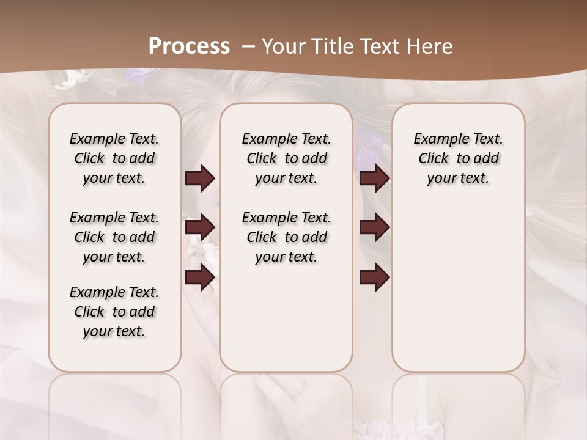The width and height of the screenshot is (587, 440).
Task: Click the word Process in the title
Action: tap(189, 46)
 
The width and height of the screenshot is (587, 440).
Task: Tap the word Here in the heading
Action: tap(430, 46)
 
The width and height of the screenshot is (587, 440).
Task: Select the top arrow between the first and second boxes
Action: tap(200, 178)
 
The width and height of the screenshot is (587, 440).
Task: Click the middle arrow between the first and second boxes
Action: tap(200, 227)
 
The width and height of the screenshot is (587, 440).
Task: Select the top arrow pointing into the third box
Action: tap(374, 178)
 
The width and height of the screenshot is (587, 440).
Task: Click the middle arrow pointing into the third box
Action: tap(374, 227)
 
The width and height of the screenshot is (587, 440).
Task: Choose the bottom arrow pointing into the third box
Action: tap(374, 277)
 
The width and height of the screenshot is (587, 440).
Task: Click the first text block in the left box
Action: tap(114, 158)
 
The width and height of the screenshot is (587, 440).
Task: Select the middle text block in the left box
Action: tap(114, 237)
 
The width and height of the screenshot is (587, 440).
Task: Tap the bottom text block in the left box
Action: tap(114, 312)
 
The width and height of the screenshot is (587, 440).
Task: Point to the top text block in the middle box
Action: tap(286, 158)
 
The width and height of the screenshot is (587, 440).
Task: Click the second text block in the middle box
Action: tap(286, 237)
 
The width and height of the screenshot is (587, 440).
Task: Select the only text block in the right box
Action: tap(458, 158)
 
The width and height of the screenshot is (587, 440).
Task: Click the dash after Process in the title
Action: tap(248, 46)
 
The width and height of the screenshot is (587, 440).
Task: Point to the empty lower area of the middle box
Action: tap(286, 318)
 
